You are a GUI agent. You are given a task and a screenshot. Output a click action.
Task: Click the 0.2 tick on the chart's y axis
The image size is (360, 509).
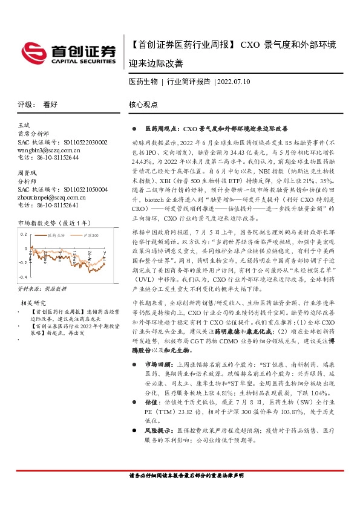[24, 233]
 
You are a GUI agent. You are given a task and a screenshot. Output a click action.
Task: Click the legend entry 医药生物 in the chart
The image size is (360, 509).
[58, 236]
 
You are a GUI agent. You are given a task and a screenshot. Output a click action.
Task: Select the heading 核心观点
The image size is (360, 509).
[143, 105]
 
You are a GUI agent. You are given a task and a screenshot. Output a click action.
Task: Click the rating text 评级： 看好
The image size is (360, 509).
[38, 105]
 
